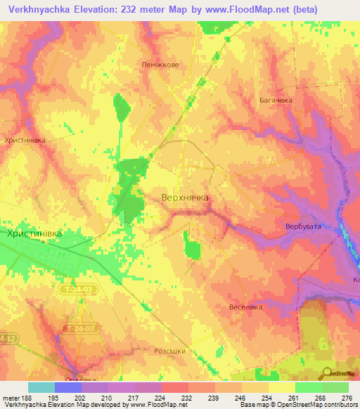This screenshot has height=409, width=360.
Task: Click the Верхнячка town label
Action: [x=185, y=198]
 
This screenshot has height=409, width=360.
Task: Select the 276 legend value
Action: [x=346, y=397]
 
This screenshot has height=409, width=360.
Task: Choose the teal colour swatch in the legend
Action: [x=41, y=387]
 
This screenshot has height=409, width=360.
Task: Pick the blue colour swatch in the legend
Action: [x=68, y=387]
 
